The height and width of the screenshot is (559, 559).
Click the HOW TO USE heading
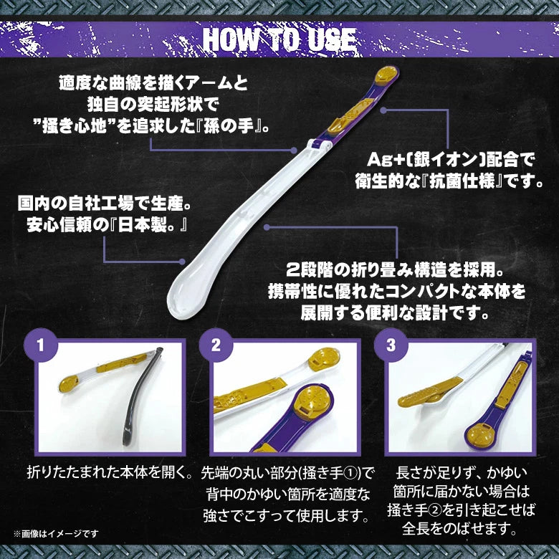(x=279, y=39)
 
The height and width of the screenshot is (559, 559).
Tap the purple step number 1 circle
(x=40, y=345)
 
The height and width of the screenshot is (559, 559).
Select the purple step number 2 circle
(x=216, y=345)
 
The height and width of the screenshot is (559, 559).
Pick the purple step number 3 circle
(x=391, y=345)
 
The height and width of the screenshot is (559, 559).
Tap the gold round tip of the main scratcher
(x=386, y=75)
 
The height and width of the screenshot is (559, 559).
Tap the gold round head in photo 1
(x=68, y=384)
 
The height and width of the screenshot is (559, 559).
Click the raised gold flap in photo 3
(x=429, y=393)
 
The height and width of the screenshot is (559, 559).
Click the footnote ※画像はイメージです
(x=56, y=534)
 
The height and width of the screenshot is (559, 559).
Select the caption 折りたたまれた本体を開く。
(x=110, y=472)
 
